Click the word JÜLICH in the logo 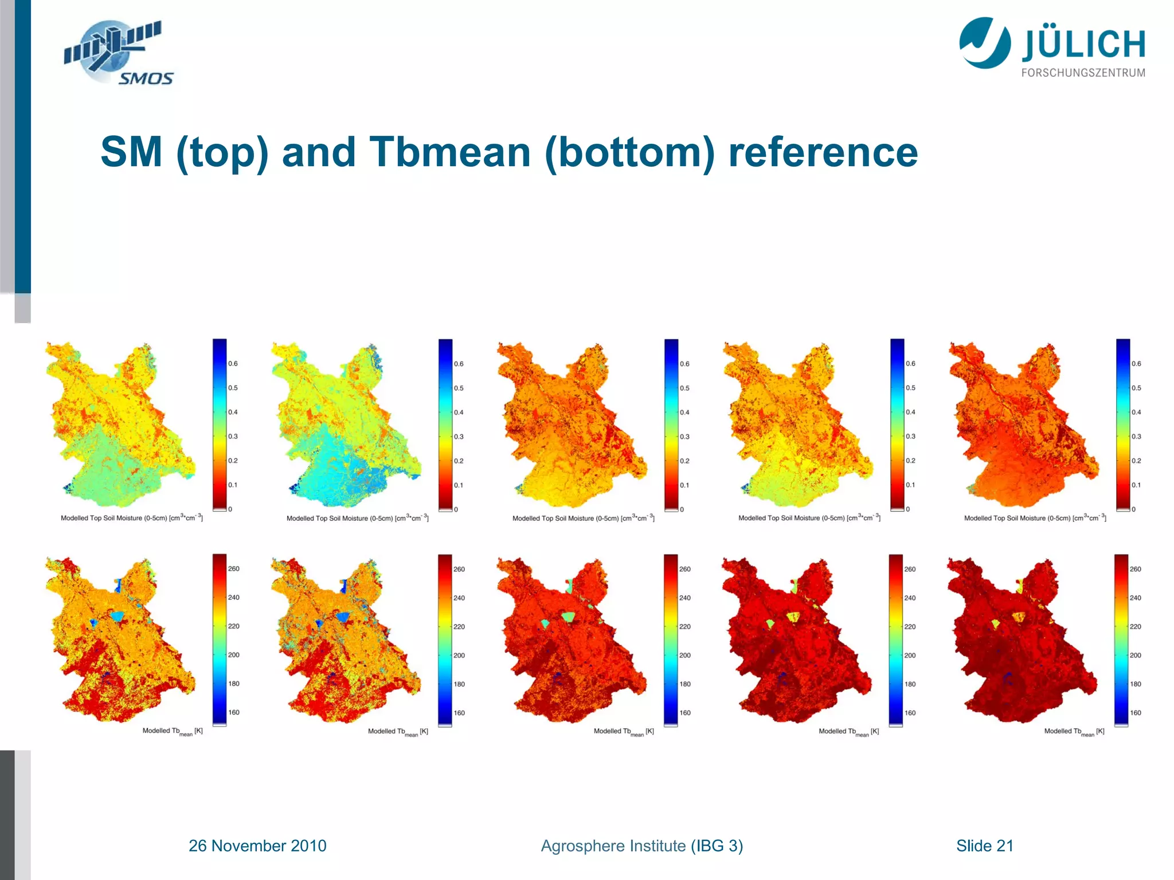coord(1083,45)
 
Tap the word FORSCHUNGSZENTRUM coord(1083,73)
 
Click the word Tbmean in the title coord(450,152)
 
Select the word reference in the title coord(823,152)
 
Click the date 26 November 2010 coord(257,846)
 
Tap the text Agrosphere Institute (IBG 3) coord(641,846)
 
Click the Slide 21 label coord(984,846)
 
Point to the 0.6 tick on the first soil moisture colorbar coord(233,363)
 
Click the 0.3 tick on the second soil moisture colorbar coord(459,437)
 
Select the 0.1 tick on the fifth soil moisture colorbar coord(1136,485)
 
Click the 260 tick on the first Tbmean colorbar coord(233,568)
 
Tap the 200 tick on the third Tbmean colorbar coord(685,655)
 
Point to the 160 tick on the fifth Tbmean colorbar coord(1136,713)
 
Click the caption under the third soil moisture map coord(583,518)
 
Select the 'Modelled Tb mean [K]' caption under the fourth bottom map coord(848,732)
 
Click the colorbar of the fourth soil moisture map coord(897,424)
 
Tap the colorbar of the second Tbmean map coord(445,640)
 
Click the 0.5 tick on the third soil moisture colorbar coord(685,388)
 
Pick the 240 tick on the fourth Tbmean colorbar coord(910,598)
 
